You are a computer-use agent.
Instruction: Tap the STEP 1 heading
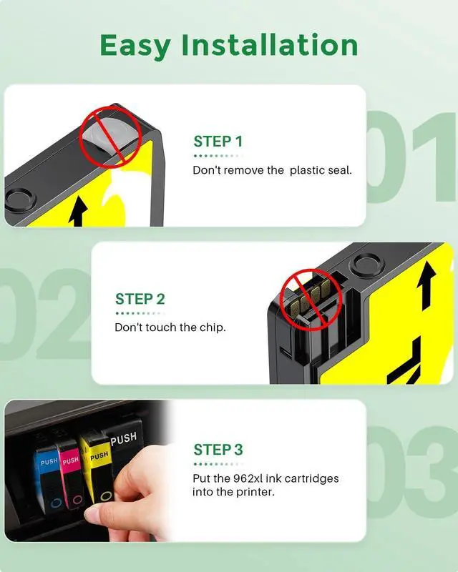[x=218, y=142]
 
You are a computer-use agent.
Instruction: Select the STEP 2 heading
[x=140, y=299]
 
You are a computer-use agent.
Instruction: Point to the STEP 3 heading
[x=218, y=450]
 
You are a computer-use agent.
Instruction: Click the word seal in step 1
[x=340, y=170]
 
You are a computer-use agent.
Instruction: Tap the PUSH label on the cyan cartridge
[x=49, y=462]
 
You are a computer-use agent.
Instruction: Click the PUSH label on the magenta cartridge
[x=71, y=460]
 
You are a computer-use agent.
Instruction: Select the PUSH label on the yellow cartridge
[x=99, y=455]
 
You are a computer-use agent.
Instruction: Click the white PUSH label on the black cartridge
[x=124, y=439]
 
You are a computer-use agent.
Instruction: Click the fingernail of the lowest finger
[x=91, y=515]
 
